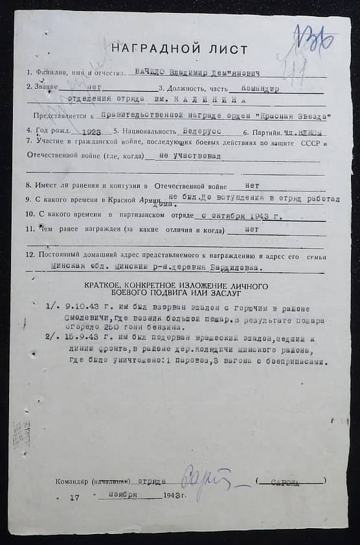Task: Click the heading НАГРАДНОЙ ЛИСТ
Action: click(x=179, y=49)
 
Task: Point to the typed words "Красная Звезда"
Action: click(x=288, y=116)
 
